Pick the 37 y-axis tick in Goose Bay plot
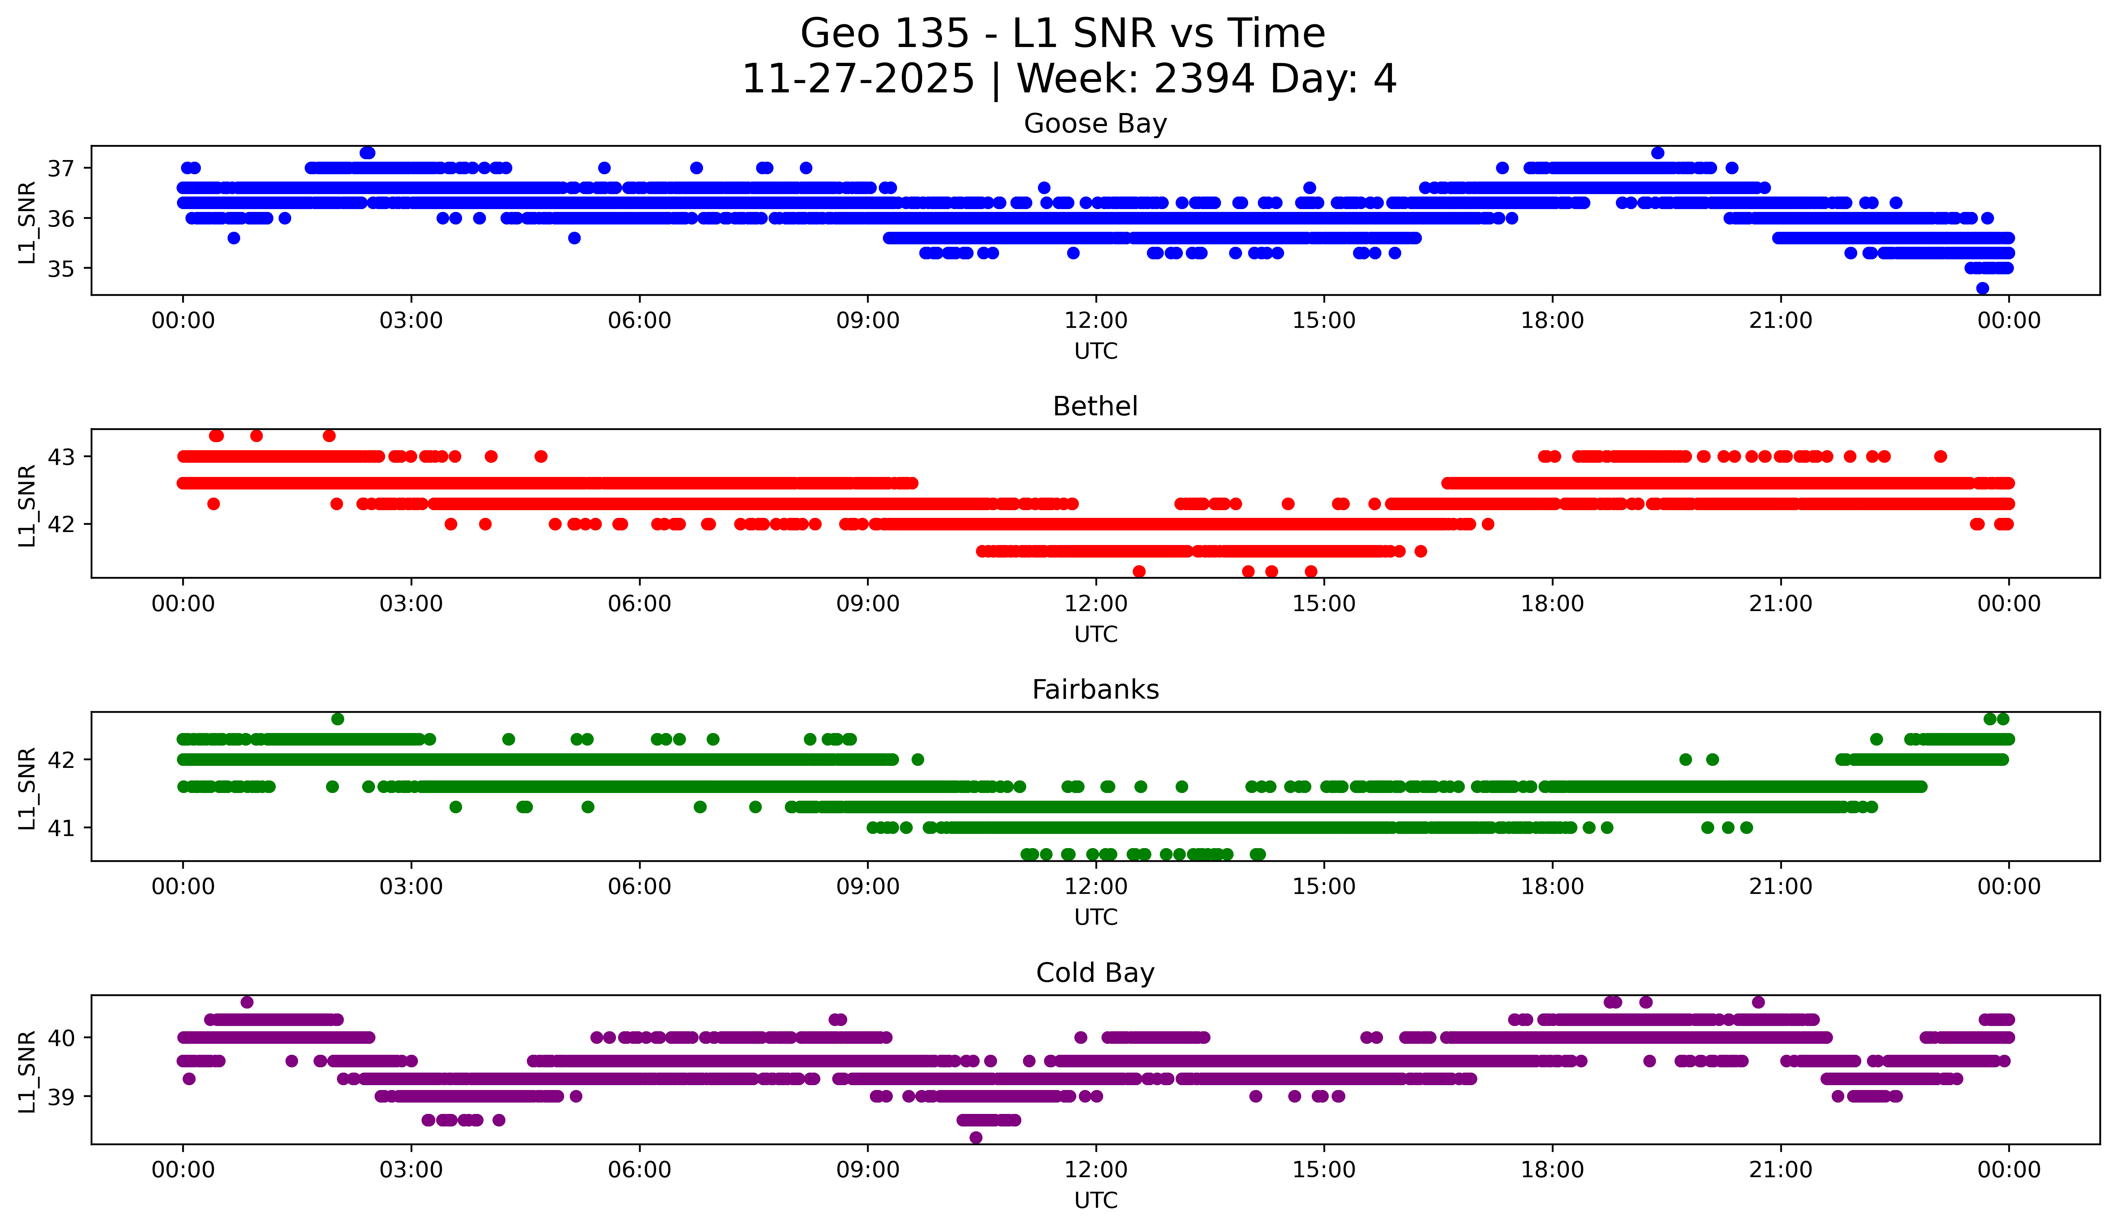pos(60,168)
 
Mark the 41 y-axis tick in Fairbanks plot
pos(60,827)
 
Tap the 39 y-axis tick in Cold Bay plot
pos(60,1096)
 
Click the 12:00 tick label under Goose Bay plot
pos(1096,321)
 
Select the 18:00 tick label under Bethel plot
pos(1552,604)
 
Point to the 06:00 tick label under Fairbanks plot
pos(640,887)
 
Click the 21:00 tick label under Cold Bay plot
pos(1780,1170)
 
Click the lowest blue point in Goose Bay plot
pos(1982,288)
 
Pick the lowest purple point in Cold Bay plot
pos(976,1137)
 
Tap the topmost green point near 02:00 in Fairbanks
pos(338,719)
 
